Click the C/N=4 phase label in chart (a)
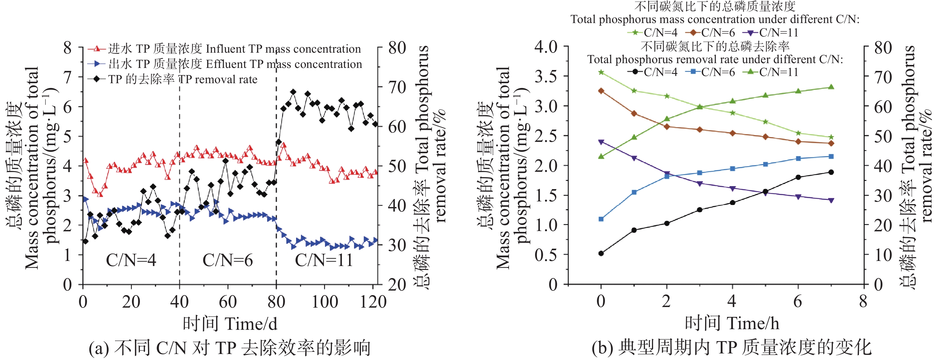pyautogui.click(x=131, y=260)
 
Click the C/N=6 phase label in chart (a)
pyautogui.click(x=228, y=260)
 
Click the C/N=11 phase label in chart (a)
pyautogui.click(x=324, y=260)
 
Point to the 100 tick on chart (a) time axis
pyautogui.click(x=325, y=302)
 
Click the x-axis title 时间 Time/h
pyautogui.click(x=732, y=323)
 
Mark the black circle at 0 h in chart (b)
pyautogui.click(x=601, y=253)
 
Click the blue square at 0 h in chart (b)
pyautogui.click(x=601, y=219)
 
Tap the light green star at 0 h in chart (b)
pyautogui.click(x=601, y=72)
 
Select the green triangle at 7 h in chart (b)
pyautogui.click(x=831, y=87)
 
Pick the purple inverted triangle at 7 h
pyautogui.click(x=831, y=200)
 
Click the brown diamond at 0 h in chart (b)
pyautogui.click(x=601, y=91)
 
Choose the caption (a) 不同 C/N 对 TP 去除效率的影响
pyautogui.click(x=230, y=347)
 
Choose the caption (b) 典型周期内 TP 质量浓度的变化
pyautogui.click(x=731, y=347)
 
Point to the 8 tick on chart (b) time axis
pyautogui.click(x=863, y=302)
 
